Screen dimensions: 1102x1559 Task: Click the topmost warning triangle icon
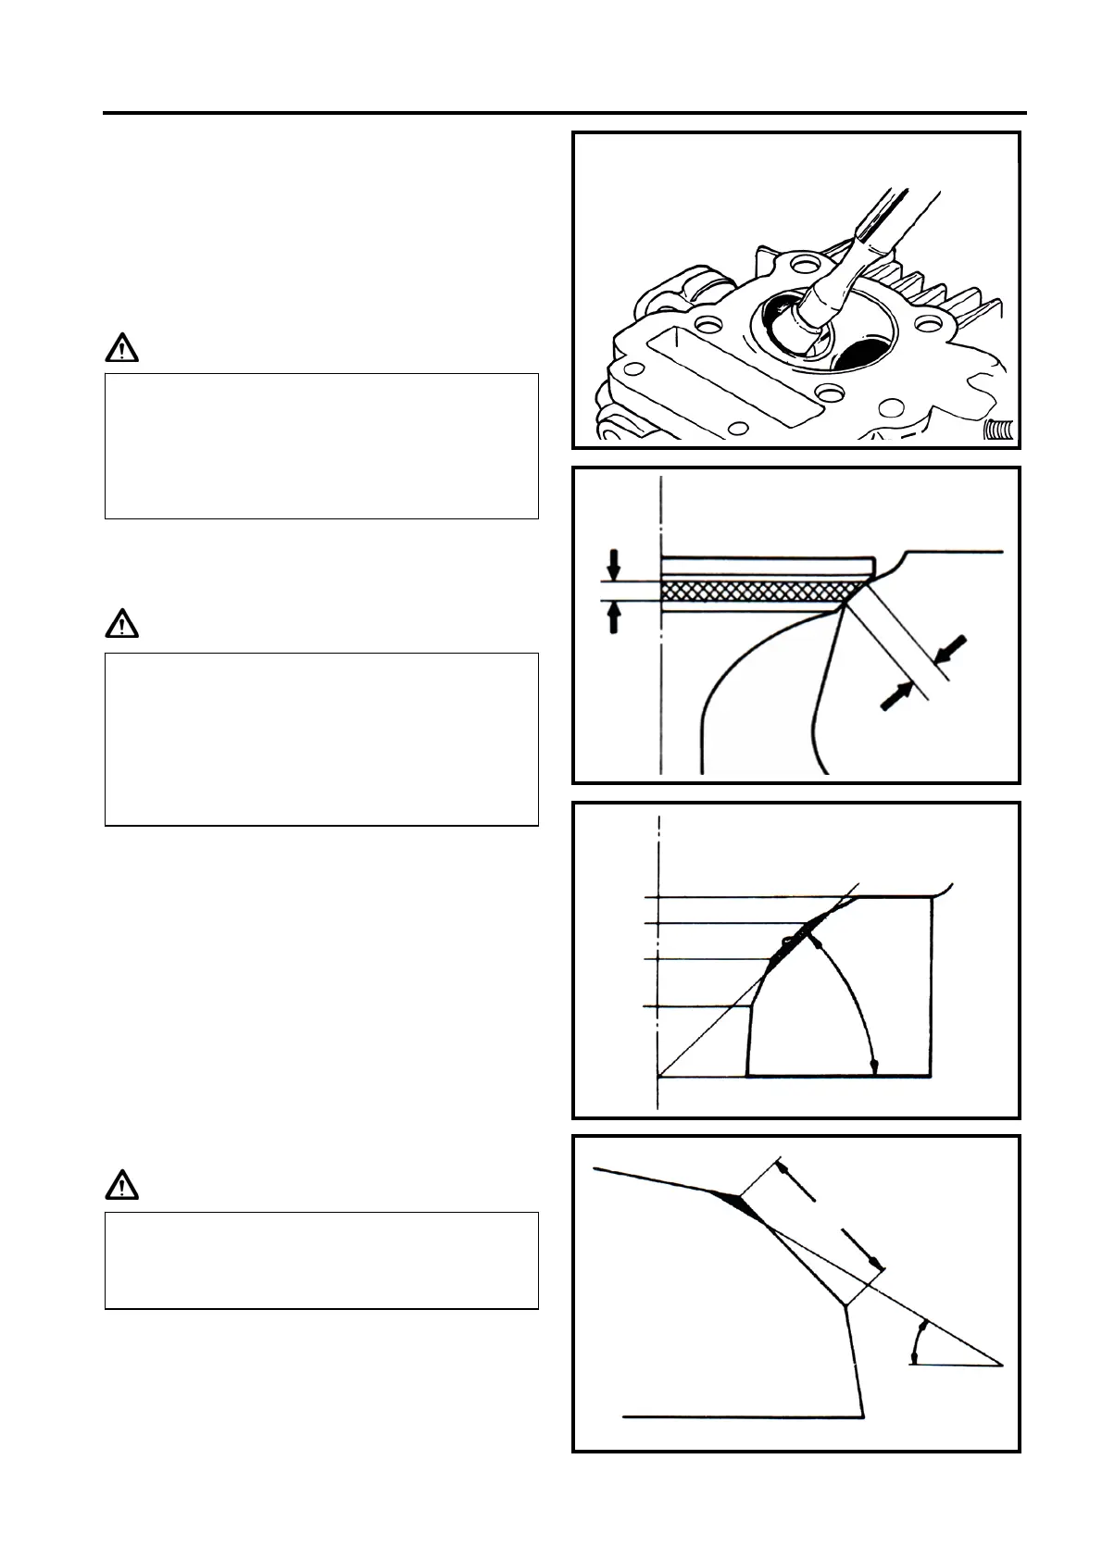coord(121,350)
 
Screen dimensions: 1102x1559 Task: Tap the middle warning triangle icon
coord(121,627)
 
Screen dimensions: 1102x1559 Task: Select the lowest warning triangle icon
coord(121,1186)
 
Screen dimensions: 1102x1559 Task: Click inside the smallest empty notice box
coord(321,1260)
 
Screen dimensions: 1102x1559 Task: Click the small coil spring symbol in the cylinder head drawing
coord(998,430)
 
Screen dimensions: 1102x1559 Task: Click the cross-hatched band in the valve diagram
coord(759,591)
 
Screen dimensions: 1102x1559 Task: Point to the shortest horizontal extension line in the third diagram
coord(695,1006)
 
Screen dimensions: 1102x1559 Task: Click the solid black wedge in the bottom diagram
coord(741,1204)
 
